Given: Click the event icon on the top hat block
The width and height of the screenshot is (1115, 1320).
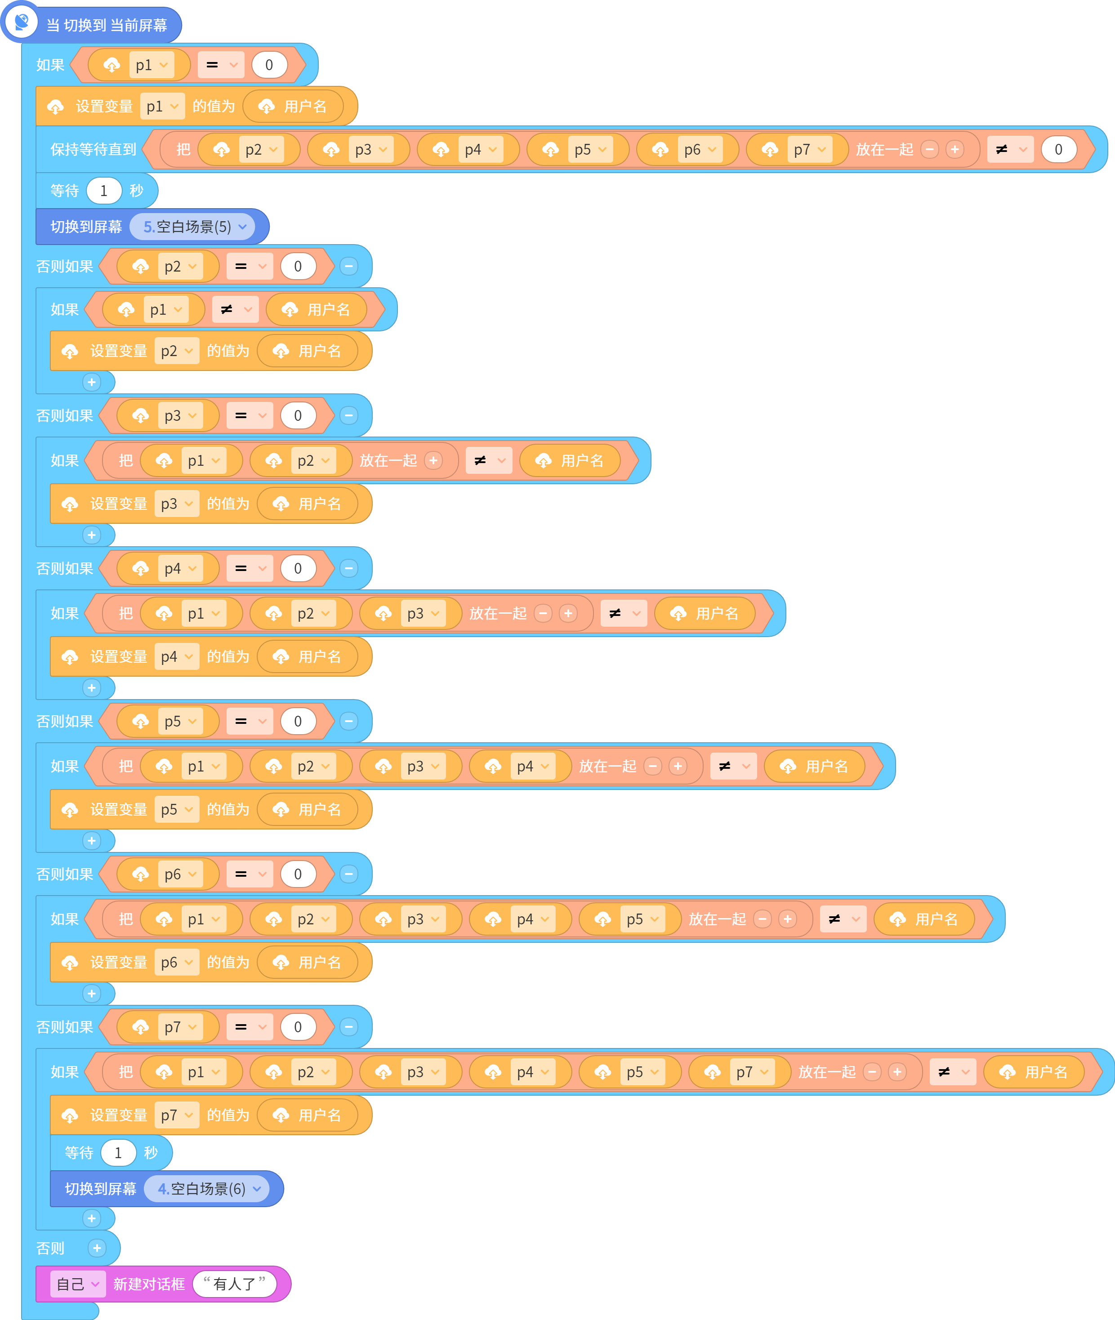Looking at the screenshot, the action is pyautogui.click(x=22, y=22).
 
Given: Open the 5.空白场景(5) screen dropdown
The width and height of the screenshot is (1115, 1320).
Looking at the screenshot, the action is pyautogui.click(x=192, y=226).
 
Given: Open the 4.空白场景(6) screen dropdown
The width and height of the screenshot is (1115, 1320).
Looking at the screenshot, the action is pyautogui.click(x=207, y=1189).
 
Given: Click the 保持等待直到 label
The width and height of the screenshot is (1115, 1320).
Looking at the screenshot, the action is pyautogui.click(x=94, y=149).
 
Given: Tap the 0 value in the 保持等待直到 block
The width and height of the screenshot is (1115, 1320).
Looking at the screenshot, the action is pyautogui.click(x=1058, y=149).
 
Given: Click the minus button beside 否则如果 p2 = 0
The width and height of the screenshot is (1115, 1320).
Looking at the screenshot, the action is pyautogui.click(x=349, y=266).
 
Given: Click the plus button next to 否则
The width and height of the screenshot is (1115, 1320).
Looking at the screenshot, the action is pyautogui.click(x=97, y=1247).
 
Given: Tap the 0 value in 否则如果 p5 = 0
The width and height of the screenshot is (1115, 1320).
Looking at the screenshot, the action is pyautogui.click(x=298, y=721).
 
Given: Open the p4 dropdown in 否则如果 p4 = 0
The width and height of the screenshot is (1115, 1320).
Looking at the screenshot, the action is pyautogui.click(x=181, y=568).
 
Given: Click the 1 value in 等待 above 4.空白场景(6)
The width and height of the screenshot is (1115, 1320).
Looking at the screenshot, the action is pyautogui.click(x=118, y=1152).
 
